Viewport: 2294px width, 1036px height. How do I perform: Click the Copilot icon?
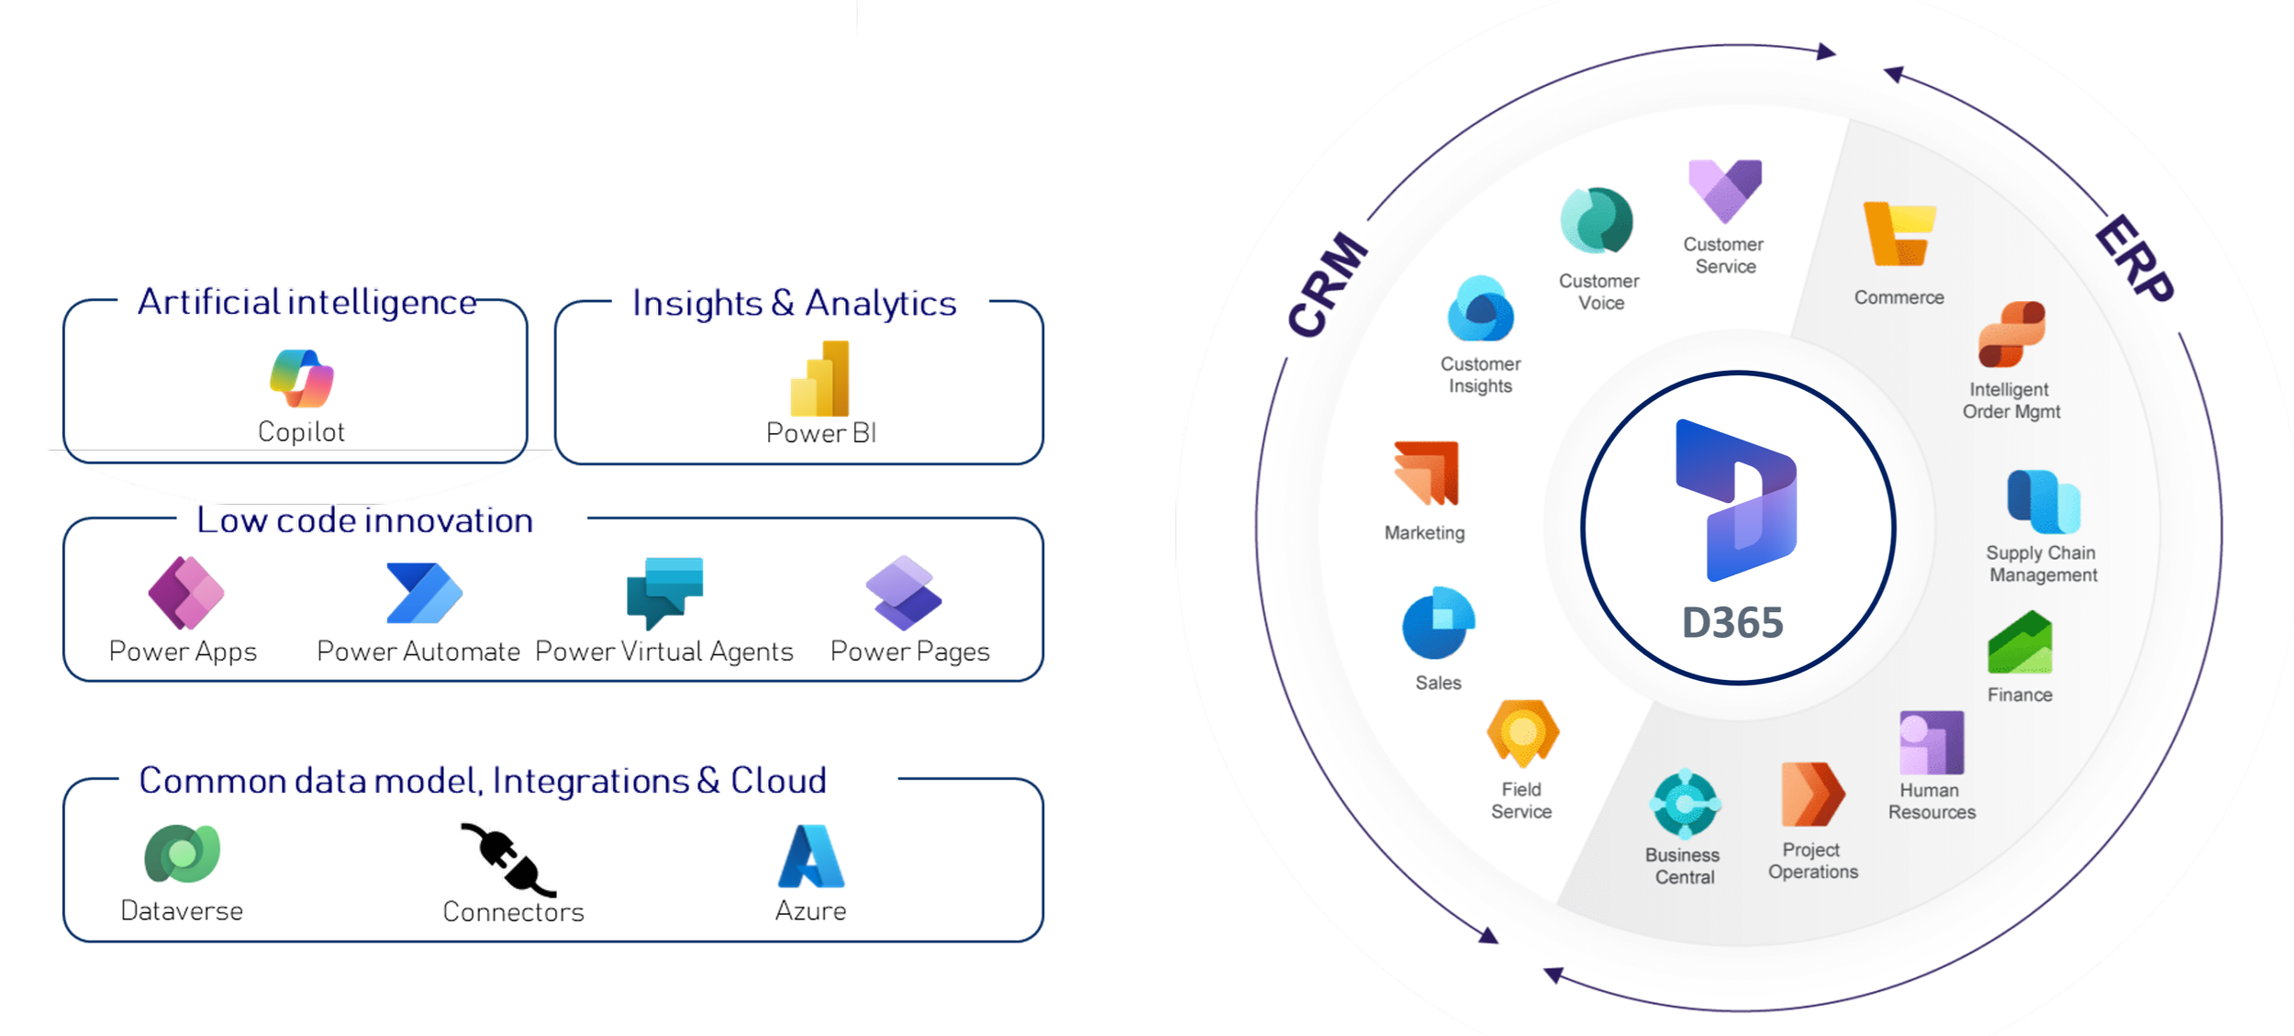point(302,378)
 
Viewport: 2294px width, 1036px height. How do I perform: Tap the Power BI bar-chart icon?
point(820,378)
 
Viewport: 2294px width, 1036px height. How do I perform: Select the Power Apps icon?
point(186,593)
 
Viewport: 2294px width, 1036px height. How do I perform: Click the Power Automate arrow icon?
point(425,594)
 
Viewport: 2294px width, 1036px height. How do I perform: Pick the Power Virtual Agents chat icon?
point(665,593)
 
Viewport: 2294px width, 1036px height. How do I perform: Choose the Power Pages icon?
point(904,593)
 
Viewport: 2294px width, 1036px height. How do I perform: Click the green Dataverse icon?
point(183,853)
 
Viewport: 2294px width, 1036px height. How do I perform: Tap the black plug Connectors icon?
point(508,859)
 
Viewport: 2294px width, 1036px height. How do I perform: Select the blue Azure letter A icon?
point(811,856)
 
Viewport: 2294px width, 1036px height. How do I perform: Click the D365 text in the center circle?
point(1732,623)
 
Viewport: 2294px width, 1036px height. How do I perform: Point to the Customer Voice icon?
point(1598,220)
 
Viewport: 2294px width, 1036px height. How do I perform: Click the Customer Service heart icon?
point(1725,191)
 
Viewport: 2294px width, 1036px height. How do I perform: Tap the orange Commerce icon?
point(1899,234)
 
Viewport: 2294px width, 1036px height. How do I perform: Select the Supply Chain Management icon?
point(2043,501)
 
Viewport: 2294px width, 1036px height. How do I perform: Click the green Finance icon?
point(2020,642)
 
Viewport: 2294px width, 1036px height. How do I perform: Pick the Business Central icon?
point(1685,804)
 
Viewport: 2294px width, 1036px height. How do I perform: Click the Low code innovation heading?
point(365,520)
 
